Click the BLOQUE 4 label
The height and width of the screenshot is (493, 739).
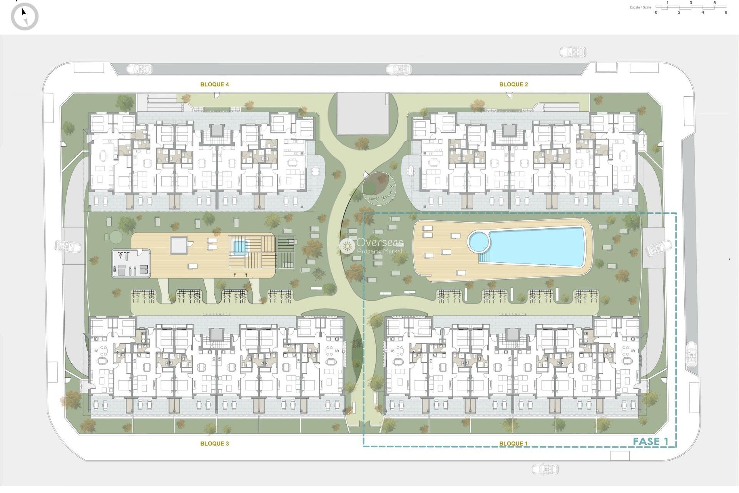214,84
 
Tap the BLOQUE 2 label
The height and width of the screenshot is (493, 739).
513,84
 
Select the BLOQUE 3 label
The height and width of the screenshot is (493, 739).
214,443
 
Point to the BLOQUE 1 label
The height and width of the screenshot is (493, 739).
513,443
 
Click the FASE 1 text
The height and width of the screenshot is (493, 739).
650,441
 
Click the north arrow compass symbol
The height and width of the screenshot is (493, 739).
25,17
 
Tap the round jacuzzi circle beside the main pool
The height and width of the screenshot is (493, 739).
478,241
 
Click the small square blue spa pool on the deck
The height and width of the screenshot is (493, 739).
239,246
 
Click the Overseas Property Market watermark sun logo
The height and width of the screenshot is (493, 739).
347,246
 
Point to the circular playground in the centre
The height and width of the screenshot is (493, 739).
379,189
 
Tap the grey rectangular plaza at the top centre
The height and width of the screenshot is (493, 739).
362,114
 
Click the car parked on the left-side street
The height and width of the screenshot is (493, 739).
68,246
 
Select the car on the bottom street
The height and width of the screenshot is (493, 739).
545,469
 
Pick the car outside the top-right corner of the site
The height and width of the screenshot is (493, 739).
572,52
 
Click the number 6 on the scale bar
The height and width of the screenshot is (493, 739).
726,12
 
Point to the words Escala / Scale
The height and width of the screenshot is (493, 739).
640,7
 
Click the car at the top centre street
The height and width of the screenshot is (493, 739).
399,69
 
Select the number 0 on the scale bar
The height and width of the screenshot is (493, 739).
656,12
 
